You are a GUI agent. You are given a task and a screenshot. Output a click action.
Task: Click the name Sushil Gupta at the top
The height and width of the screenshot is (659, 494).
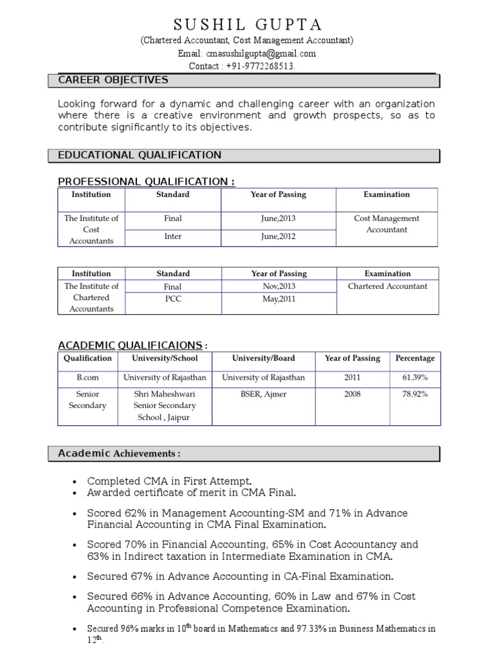coord(248,24)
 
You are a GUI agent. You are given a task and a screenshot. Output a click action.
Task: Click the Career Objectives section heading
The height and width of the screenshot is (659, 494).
coord(113,80)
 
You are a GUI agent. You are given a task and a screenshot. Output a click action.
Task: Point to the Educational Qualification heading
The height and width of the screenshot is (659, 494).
coord(140,155)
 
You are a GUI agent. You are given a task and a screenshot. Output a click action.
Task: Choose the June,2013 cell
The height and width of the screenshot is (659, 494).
coord(279,219)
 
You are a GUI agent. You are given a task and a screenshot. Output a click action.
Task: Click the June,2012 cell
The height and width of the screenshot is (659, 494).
coord(279,236)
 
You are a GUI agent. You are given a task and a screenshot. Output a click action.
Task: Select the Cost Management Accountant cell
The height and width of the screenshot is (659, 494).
coord(387,224)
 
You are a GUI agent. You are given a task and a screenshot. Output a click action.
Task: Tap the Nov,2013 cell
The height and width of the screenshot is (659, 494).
coord(279,286)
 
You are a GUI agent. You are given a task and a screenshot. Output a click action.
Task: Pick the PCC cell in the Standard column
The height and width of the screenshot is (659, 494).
coord(173,299)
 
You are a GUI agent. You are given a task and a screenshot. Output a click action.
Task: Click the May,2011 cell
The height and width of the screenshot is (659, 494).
coord(279,299)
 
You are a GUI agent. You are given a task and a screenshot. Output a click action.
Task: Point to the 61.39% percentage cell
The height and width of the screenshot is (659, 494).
coord(415,378)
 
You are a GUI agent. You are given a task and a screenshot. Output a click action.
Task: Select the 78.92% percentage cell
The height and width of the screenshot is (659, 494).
coord(415,394)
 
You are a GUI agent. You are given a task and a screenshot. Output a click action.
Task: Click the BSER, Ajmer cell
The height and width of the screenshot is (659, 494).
coord(264,394)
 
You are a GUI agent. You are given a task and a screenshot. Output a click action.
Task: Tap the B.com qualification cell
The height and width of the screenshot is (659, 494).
coord(87,378)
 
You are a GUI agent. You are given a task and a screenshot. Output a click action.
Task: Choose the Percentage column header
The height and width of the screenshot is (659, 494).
coord(415,358)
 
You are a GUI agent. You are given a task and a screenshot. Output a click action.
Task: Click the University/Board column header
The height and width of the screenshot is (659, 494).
coord(264,358)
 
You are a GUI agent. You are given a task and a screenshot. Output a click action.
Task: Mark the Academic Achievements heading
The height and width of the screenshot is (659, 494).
coord(119,454)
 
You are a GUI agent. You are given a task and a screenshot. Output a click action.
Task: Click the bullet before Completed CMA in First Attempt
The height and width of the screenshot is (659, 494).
coord(77,481)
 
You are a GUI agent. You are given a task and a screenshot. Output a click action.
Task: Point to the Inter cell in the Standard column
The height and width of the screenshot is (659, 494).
coord(173,236)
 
